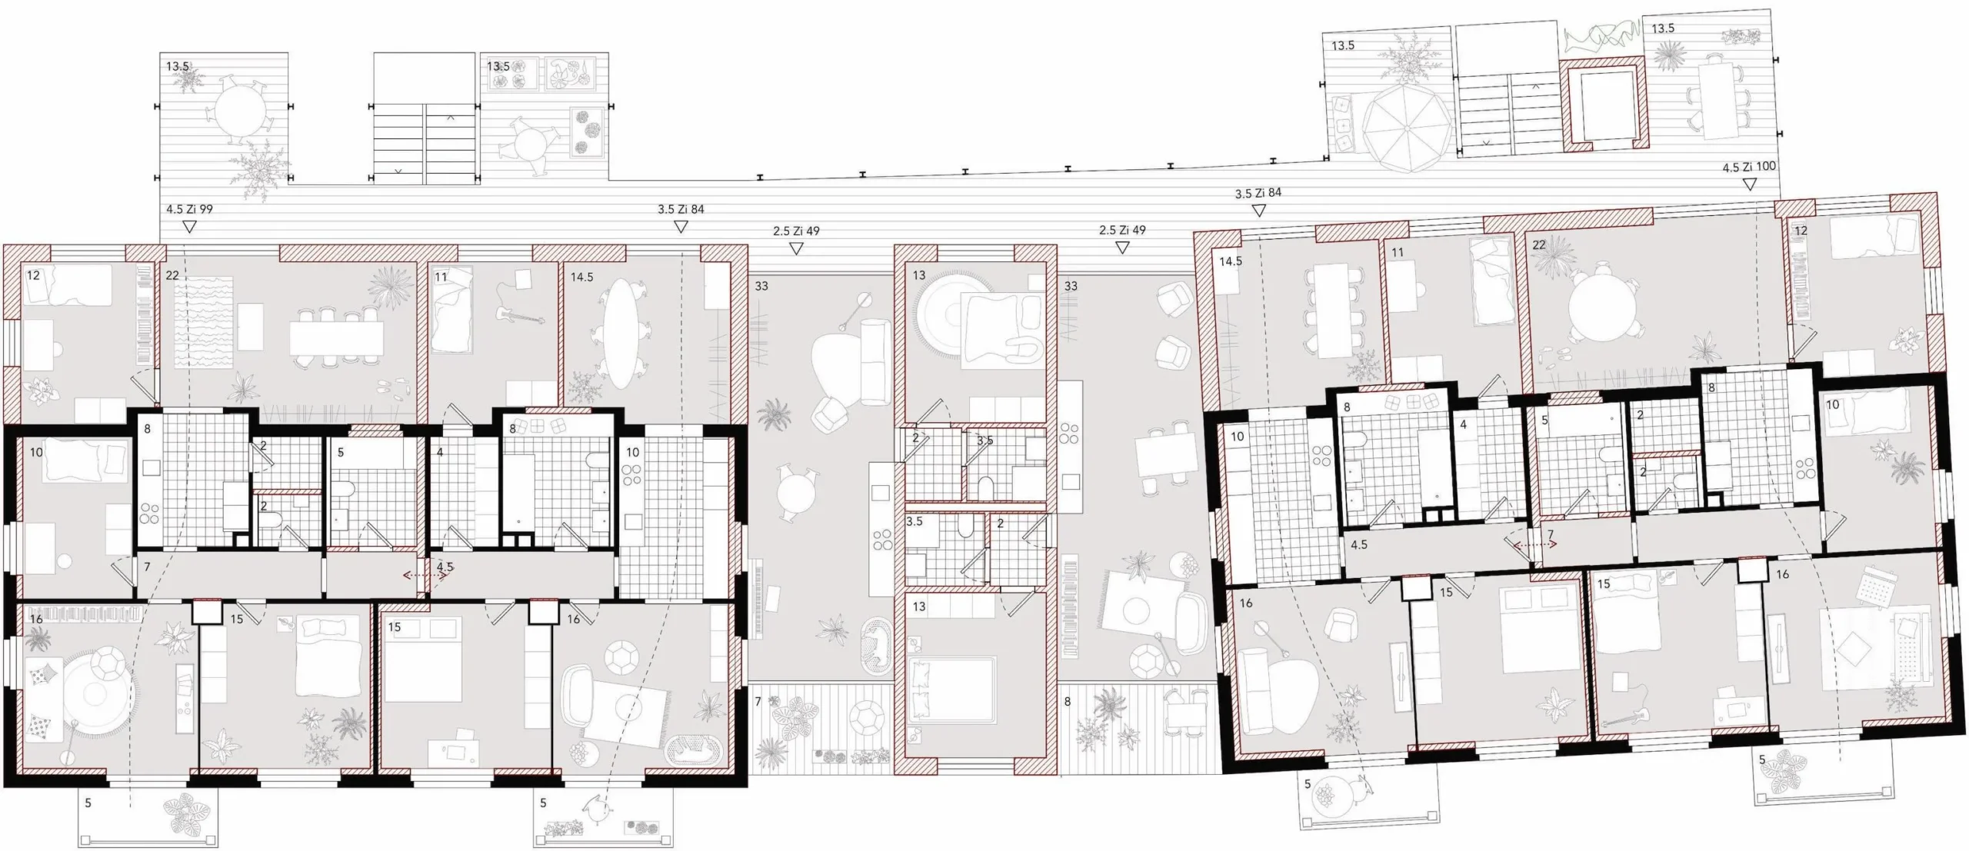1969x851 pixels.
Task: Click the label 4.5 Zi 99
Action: click(x=189, y=209)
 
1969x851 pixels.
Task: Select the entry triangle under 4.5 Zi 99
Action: click(x=189, y=227)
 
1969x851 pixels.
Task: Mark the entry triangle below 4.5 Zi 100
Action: click(x=1750, y=184)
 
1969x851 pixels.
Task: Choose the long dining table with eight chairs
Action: click(x=336, y=337)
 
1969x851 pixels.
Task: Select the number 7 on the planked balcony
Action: click(x=758, y=701)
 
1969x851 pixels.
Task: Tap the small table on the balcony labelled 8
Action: click(x=1189, y=716)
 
